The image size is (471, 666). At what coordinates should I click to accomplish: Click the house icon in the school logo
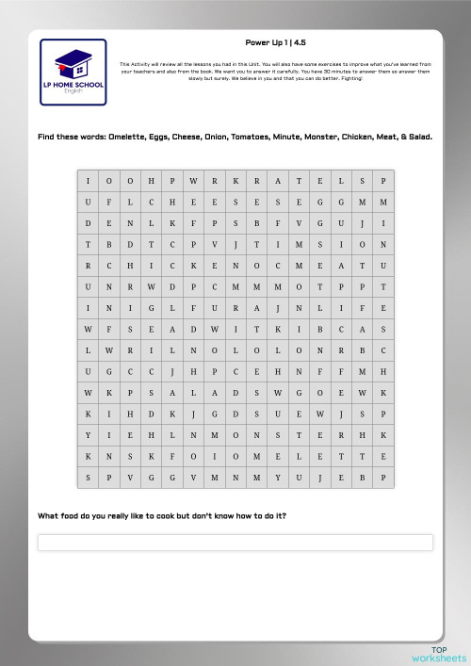coord(73,65)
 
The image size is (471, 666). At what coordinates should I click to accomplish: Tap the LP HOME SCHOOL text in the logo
coord(73,86)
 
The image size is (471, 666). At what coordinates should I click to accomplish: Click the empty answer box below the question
coord(235,543)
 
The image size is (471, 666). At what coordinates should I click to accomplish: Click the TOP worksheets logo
coord(439,653)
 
